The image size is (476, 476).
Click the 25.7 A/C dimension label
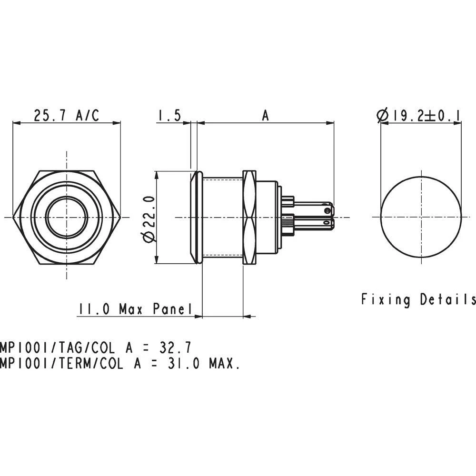click(66, 115)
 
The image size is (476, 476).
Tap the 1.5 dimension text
click(169, 115)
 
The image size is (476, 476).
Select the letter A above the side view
click(266, 115)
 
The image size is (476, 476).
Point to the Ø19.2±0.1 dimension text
click(419, 115)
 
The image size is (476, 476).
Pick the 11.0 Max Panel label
click(135, 309)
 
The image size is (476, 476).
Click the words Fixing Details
click(418, 299)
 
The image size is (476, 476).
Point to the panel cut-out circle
click(421, 218)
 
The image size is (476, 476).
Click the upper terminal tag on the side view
click(314, 209)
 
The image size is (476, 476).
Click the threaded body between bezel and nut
click(222, 218)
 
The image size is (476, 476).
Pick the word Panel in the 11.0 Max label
click(172, 309)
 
